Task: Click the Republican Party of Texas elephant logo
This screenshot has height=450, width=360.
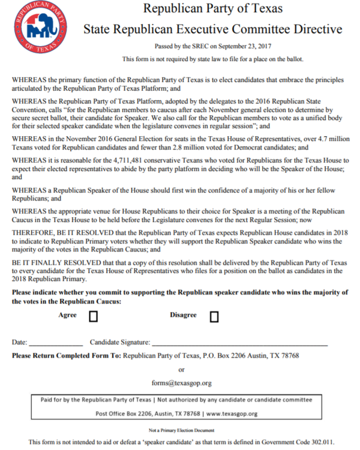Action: click(37, 28)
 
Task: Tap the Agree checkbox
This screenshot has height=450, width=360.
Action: click(93, 316)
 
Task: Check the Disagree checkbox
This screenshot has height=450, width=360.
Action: click(214, 316)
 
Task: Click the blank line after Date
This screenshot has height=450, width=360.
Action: click(56, 343)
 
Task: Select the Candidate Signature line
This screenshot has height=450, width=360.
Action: click(239, 343)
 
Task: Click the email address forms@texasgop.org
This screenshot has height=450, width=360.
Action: click(181, 383)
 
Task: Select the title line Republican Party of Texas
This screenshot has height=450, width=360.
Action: click(212, 10)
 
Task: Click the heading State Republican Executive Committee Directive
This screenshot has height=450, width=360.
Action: click(212, 29)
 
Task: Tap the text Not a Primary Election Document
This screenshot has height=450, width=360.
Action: click(182, 430)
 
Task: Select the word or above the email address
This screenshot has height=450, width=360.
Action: click(182, 369)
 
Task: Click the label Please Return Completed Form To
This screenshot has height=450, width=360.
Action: click(66, 356)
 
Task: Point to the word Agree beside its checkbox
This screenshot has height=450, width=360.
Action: click(67, 315)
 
